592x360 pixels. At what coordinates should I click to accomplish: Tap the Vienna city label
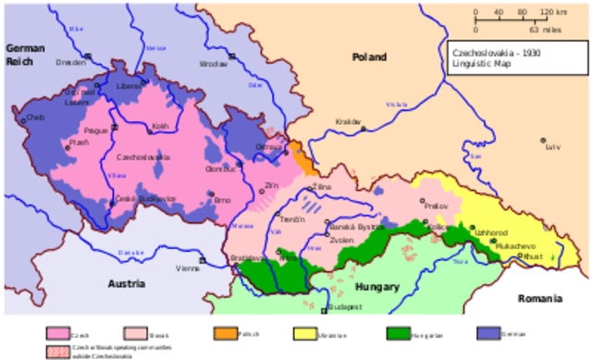[x=188, y=268]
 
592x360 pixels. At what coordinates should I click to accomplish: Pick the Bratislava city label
[x=244, y=257]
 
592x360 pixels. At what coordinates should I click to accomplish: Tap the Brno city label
[x=222, y=200]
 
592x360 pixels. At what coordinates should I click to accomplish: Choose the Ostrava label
[x=268, y=146]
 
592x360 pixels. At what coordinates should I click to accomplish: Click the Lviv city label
[x=553, y=147]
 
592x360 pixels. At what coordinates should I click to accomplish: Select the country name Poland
[x=369, y=57]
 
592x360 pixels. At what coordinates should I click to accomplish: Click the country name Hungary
[x=379, y=287]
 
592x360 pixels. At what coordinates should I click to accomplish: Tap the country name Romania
[x=540, y=299]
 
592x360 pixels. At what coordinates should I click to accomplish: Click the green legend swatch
[x=399, y=333]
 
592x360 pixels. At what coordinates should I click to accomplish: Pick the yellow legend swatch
[x=305, y=333]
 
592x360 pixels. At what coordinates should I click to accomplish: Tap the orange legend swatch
[x=227, y=333]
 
